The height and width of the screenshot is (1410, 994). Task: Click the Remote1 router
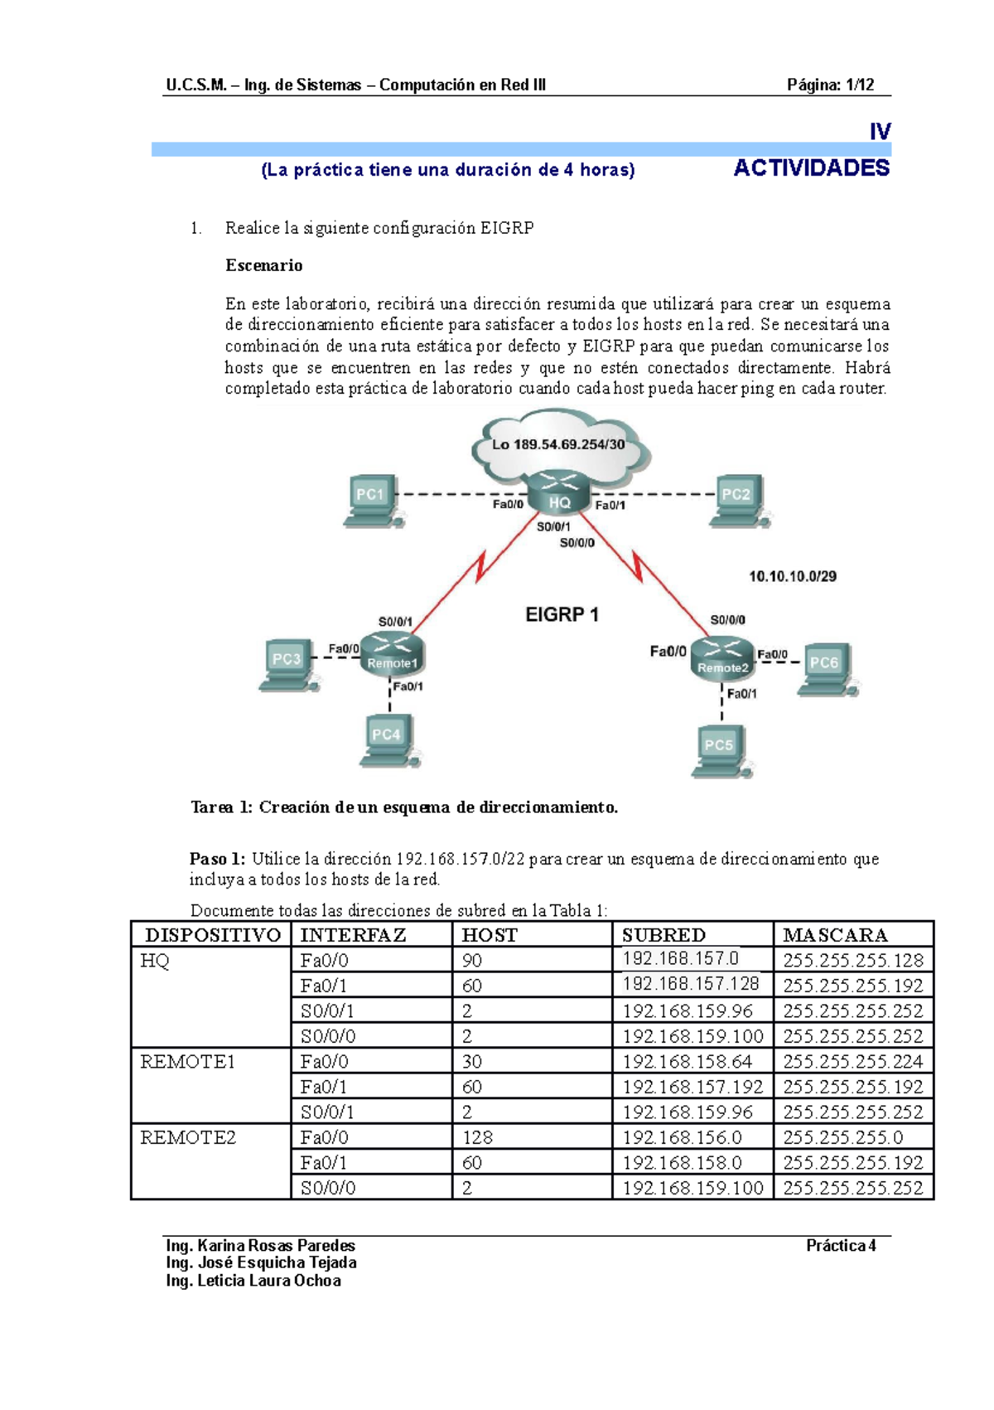click(392, 655)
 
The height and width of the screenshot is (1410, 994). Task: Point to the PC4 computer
click(388, 740)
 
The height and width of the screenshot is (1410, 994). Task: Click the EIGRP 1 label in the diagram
click(562, 615)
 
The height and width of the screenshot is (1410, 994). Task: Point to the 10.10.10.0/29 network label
click(793, 576)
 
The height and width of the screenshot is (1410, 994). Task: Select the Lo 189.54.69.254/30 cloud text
click(558, 444)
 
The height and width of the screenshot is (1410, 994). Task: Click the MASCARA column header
click(835, 935)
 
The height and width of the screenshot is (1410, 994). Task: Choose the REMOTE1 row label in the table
click(188, 1062)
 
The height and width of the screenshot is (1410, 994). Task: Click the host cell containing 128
click(477, 1137)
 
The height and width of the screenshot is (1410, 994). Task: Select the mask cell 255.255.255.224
click(852, 1062)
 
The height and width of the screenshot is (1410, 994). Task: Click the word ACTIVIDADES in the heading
click(811, 168)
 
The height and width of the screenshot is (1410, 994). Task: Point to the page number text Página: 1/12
click(830, 85)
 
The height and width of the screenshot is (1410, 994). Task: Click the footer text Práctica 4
click(841, 1246)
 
